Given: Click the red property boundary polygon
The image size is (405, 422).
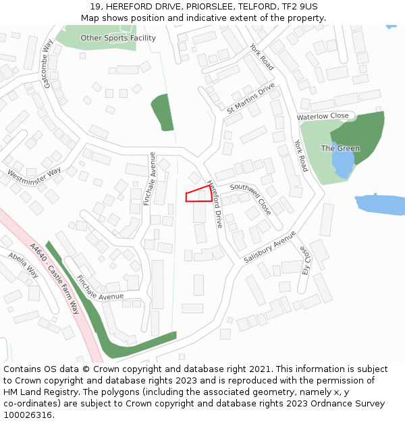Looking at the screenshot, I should click(x=198, y=194).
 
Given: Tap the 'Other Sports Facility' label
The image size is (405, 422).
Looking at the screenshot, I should click(x=118, y=38).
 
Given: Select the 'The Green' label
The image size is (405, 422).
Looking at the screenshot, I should click(x=340, y=148).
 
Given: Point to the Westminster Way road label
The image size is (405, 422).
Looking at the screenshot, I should click(x=34, y=174).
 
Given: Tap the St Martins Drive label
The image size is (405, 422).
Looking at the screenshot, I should click(x=251, y=98).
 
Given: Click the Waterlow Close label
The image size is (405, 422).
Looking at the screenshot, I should click(x=323, y=116).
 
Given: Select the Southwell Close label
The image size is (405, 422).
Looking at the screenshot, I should click(x=250, y=197).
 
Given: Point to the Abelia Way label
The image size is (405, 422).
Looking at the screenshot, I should click(x=23, y=265).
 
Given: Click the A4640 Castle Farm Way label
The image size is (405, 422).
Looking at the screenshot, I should click(x=55, y=278).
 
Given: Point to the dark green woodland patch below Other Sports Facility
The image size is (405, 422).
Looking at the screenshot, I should click(x=163, y=111).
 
